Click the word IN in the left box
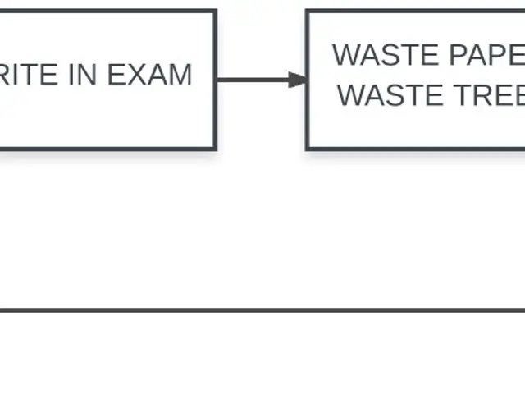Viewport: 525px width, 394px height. click(83, 75)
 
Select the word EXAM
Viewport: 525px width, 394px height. click(149, 75)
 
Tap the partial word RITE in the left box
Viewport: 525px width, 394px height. click(30, 75)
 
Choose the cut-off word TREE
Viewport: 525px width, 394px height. click(489, 95)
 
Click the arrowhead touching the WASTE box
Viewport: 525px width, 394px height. click(297, 80)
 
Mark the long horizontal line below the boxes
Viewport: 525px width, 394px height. click(262, 310)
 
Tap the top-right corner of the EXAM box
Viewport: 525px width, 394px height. click(216, 11)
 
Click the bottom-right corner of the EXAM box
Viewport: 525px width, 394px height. click(216, 149)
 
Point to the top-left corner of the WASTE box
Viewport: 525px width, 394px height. click(308, 11)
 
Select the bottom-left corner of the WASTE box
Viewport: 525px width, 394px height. click(308, 149)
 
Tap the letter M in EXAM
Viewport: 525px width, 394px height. click(179, 75)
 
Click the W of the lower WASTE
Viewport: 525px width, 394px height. click(353, 95)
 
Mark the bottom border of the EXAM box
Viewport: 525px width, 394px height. click(107, 149)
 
